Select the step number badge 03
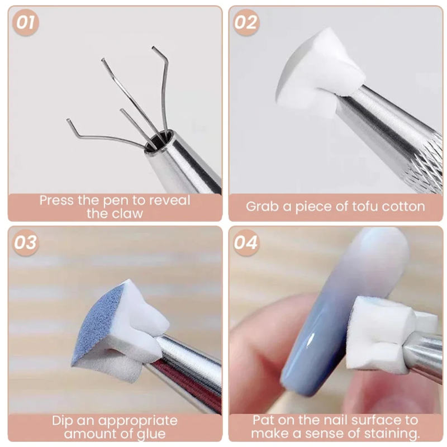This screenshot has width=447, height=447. pyautogui.click(x=26, y=243)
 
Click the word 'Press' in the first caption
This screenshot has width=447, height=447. pyautogui.click(x=56, y=200)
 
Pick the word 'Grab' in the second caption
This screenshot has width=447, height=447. pyautogui.click(x=263, y=206)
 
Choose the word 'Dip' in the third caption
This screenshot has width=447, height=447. pyautogui.click(x=63, y=420)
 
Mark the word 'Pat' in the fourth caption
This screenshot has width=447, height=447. pyautogui.click(x=264, y=420)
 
